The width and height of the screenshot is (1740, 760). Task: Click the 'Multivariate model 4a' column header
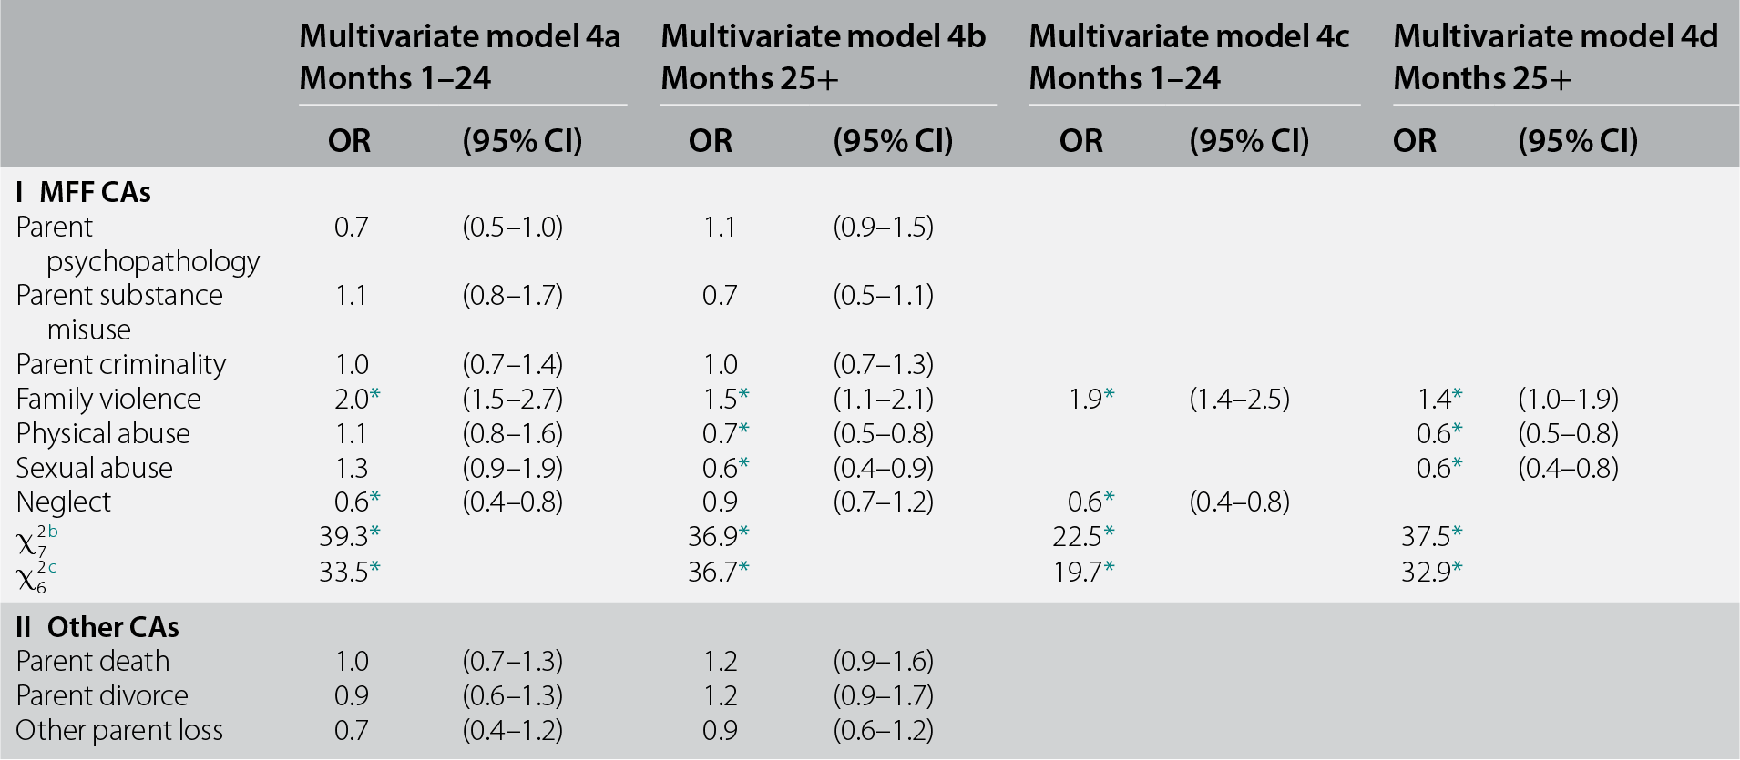459,36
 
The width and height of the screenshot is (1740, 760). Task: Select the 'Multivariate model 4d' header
1555,36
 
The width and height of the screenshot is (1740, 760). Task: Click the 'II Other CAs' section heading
97,627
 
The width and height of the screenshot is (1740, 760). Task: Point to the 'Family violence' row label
108,399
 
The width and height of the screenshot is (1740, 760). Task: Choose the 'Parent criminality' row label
120,364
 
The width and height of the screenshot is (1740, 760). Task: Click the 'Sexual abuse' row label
94,468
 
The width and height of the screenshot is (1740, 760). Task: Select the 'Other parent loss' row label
119,730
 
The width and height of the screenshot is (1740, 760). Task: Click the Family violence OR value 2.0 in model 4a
351,399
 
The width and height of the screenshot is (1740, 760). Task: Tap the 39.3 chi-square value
344,536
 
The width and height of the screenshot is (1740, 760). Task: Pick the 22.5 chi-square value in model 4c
1078,536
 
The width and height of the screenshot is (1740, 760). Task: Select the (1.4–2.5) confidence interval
1239,399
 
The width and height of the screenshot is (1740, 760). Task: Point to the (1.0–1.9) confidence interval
1568,399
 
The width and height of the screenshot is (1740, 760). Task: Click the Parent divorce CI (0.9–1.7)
883,695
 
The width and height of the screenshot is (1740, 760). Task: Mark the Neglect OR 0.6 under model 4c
1084,502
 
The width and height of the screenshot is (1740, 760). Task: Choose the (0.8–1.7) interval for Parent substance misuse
512,295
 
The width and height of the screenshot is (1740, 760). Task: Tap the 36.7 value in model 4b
713,571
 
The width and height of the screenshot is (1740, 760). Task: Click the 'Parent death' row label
93,661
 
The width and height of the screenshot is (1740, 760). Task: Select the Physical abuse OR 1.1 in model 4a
351,433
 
